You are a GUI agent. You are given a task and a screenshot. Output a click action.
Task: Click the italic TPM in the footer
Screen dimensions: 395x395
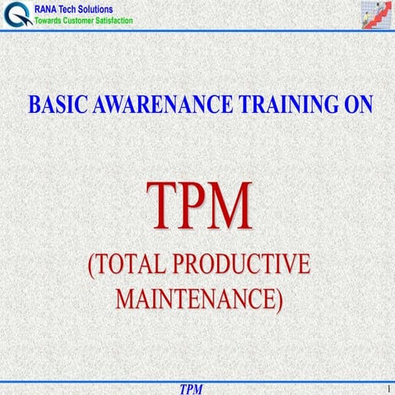click(x=191, y=388)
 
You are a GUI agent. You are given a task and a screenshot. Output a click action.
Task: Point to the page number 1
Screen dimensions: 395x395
click(x=385, y=387)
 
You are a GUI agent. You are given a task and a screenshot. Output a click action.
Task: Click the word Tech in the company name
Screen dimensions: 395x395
click(x=76, y=9)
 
